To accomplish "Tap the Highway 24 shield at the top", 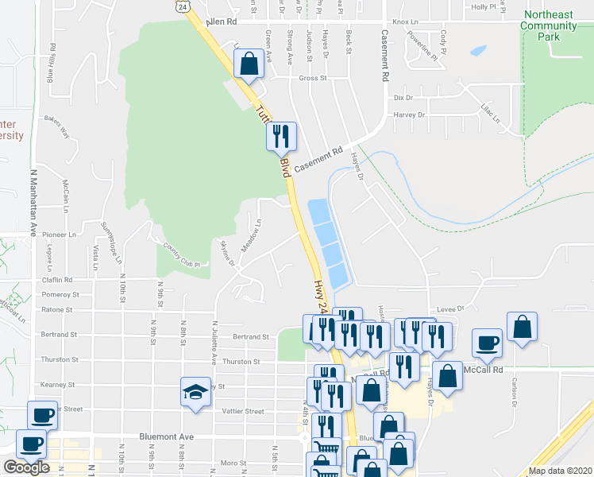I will point(183,6).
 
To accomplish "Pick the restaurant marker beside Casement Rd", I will point(280,137).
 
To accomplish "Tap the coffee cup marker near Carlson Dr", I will point(487,343).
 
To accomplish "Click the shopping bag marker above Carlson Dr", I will point(522,327).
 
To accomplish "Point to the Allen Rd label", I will point(222,22).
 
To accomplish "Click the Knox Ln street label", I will point(405,22).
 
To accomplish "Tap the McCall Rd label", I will point(487,370).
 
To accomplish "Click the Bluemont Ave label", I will point(166,436).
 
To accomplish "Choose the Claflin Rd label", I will point(56,280).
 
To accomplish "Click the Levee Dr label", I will point(449,308).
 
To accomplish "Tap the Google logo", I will point(26,467).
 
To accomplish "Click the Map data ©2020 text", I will point(561,471).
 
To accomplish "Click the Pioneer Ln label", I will point(58,235).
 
